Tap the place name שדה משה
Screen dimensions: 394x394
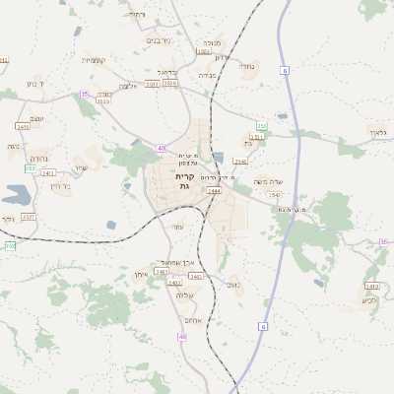(268, 182)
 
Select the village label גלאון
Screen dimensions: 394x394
(379, 132)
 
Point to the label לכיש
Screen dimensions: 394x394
(368, 301)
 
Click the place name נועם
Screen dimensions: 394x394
(233, 286)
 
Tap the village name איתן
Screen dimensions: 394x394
(140, 275)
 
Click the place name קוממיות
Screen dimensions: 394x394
(93, 60)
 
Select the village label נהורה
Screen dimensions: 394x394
(38, 159)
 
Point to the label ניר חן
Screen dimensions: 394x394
(60, 185)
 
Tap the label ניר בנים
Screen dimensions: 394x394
(159, 41)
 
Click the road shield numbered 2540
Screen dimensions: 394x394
(240, 161)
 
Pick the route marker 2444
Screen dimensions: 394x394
(214, 193)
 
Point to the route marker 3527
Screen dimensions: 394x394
(29, 216)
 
